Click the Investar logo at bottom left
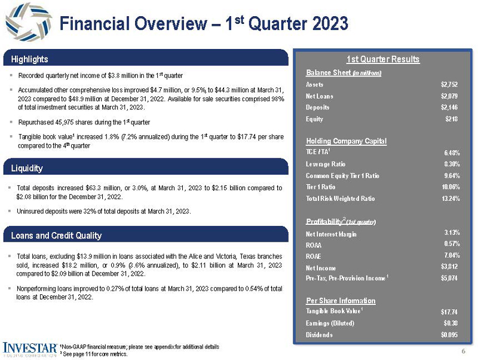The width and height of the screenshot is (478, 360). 30,348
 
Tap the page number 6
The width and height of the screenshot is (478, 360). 463,350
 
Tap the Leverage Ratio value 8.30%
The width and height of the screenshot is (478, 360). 451,164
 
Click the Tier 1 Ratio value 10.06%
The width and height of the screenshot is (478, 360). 450,187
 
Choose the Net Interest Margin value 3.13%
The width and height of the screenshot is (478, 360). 452,233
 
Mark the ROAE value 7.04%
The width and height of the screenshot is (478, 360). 452,256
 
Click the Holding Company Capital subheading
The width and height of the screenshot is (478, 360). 346,141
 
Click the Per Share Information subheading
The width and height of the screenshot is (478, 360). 341,300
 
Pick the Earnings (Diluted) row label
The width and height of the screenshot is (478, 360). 330,323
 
